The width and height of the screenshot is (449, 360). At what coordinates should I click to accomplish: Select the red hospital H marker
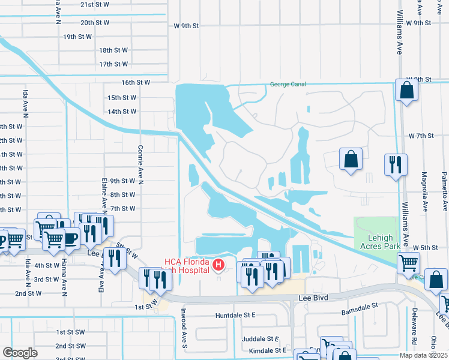coord(219,264)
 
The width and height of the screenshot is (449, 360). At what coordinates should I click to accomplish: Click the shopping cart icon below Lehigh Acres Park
coord(408,262)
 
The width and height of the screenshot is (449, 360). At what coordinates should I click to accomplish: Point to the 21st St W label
coord(95,5)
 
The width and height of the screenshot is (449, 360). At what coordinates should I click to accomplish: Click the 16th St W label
coord(135,82)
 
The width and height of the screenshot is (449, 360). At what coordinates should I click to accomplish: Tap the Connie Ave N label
coord(140,163)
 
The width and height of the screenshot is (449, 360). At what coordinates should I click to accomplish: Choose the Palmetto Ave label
coord(445,192)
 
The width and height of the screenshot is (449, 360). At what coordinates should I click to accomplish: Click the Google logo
coord(20,353)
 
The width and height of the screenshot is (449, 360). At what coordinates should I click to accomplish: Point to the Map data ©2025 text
coord(424,355)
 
